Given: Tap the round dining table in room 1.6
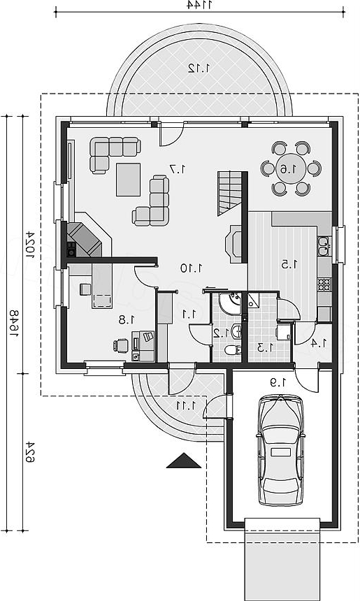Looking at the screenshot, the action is pyautogui.click(x=291, y=168).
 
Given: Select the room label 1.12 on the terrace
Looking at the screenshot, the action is pyautogui.click(x=199, y=68).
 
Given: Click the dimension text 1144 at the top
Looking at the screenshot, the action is pyautogui.click(x=199, y=5).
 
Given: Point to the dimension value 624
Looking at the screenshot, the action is pyautogui.click(x=30, y=451).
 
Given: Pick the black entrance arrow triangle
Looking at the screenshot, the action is pyautogui.click(x=184, y=461).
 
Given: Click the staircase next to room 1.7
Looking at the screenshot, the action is pyautogui.click(x=230, y=194).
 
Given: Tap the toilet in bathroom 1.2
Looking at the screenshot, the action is pyautogui.click(x=233, y=349).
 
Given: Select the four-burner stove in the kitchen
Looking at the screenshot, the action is pyautogui.click(x=324, y=284).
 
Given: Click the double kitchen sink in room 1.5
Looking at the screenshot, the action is pyautogui.click(x=324, y=246).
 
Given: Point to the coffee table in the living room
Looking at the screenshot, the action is pyautogui.click(x=129, y=180).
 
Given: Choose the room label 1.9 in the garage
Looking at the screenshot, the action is pyautogui.click(x=279, y=382).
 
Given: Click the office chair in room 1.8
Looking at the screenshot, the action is pyautogui.click(x=121, y=345).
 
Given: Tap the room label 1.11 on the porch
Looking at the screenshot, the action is pyautogui.click(x=187, y=405).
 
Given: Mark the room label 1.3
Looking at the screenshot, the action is pyautogui.click(x=266, y=347).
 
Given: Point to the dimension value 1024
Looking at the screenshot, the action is pyautogui.click(x=30, y=245).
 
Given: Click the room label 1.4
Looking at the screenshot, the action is pyautogui.click(x=319, y=343).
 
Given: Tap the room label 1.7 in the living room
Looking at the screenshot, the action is pyautogui.click(x=178, y=168).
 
